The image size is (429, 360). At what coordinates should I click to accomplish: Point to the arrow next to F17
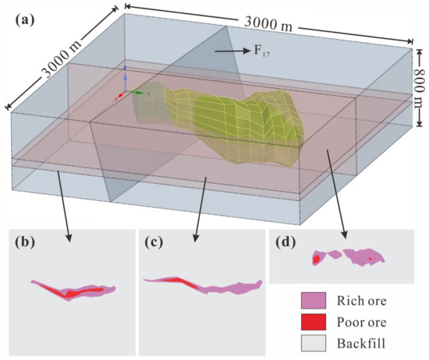(225, 51)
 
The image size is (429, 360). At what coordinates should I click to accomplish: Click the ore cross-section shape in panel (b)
(74, 290)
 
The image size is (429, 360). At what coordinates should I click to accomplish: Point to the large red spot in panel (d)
(317, 259)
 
